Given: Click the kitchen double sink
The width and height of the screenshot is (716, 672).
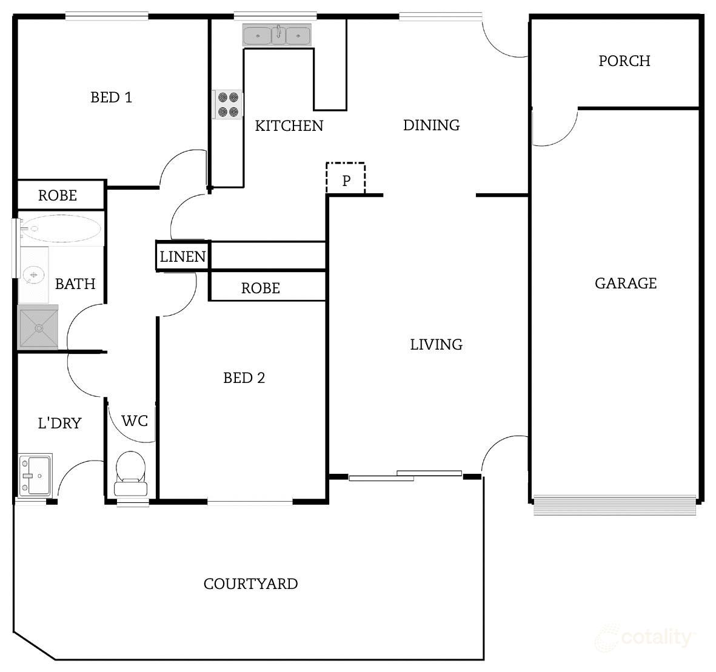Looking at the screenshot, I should pos(277,35).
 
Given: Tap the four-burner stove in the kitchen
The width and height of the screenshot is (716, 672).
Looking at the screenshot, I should pos(228,104).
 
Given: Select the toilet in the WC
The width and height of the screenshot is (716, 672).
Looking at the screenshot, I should pos(130,474).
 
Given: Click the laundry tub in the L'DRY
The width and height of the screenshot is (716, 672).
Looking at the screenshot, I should pos(35,475).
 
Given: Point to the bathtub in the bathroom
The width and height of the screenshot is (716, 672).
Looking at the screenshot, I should pos(60,229).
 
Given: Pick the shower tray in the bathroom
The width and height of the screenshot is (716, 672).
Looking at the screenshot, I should pos(39,328).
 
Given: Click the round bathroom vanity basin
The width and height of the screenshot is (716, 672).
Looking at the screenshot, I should pos(33,276).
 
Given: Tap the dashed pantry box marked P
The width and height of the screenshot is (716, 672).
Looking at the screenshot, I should pos(346,179).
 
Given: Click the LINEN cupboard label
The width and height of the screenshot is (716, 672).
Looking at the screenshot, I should pos(182,257).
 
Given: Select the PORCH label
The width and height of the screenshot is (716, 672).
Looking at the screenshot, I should pos(624,61).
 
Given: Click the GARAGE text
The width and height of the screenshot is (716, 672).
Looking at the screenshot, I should pos(625,284).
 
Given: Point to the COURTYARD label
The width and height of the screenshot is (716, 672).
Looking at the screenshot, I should pos(250,584).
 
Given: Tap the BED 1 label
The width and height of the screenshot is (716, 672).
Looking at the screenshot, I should pos(111,98).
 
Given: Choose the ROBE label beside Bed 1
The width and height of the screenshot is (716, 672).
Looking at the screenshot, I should pos(58,196).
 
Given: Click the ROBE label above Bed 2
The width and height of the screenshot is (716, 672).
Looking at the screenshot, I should pos(260,288).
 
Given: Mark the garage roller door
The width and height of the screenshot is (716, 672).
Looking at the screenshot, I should pos(614,505).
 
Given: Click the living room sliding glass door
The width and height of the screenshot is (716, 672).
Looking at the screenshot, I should pos(405,476).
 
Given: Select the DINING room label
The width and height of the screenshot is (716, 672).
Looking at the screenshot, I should pos(431,125).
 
